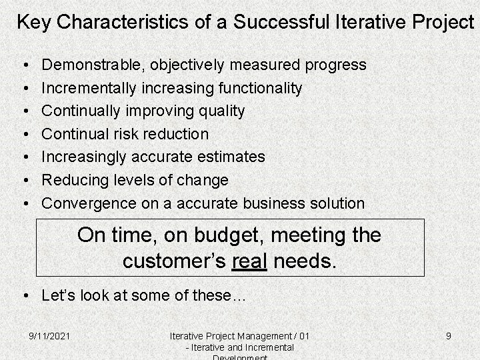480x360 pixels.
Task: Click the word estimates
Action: click(x=229, y=157)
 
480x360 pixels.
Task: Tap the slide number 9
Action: click(x=449, y=336)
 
